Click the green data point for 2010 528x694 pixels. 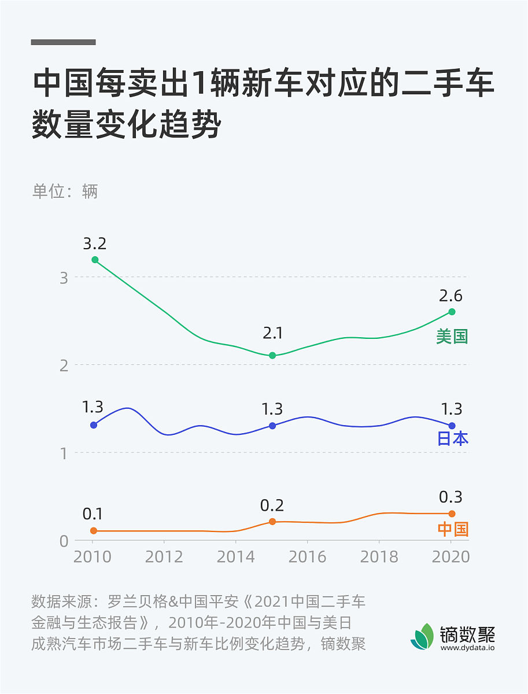point(95,260)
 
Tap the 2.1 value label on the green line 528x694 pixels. point(272,334)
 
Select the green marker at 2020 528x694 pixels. point(452,312)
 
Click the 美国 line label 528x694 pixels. point(452,337)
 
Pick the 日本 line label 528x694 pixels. point(452,438)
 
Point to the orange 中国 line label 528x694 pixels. point(452,529)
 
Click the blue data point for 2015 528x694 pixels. point(272,426)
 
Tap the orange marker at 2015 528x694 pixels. point(272,522)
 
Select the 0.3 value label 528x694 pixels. point(451,497)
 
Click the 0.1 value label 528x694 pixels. point(93,514)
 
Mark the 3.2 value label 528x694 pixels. point(94,243)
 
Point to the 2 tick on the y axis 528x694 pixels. point(64,365)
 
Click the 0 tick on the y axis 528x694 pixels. point(64,541)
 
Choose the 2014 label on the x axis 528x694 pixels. point(235,557)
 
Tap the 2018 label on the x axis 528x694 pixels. point(378,557)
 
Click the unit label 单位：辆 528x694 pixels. point(65,191)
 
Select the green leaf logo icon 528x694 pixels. point(423,636)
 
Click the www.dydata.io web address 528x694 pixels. point(467,648)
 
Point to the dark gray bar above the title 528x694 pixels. point(63,42)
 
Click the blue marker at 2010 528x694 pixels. point(94,425)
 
